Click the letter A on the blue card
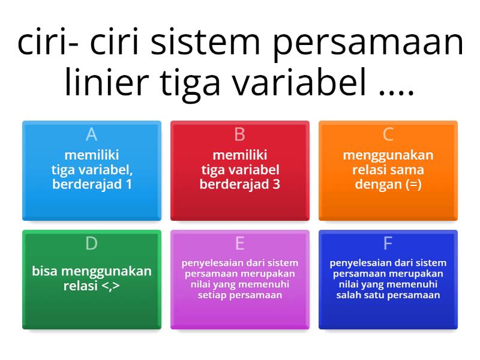[91, 134]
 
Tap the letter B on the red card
[239, 134]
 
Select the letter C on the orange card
[388, 134]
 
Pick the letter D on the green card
[91, 243]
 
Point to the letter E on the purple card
[239, 243]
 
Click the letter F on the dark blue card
[388, 243]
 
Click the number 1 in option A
[128, 184]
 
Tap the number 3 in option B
[276, 184]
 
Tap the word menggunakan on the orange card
[388, 155]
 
